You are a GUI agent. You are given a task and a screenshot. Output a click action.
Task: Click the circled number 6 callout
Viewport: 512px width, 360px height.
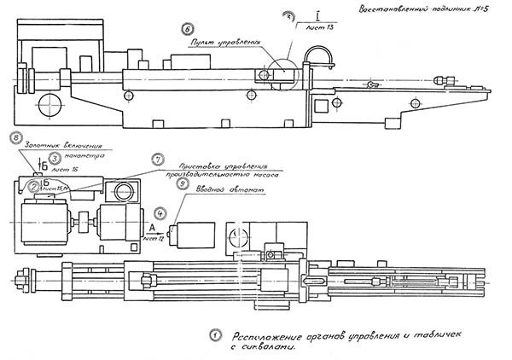(199, 28)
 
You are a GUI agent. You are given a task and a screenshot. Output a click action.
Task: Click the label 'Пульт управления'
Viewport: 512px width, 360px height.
(225, 40)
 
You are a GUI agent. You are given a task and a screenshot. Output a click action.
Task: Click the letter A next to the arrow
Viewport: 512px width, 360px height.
(151, 228)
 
